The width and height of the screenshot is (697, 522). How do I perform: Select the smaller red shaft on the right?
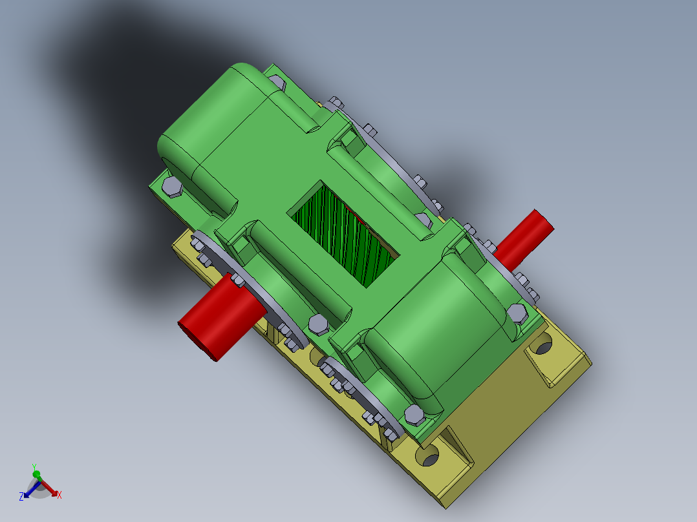tap(525, 239)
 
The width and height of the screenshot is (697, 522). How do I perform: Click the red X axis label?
tap(59, 495)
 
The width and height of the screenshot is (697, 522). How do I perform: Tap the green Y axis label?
tap(34, 466)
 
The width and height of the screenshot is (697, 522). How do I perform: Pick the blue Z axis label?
tap(21, 496)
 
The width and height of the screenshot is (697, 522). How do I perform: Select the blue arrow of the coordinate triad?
tap(30, 490)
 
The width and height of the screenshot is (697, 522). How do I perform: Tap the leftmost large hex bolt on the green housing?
tap(172, 187)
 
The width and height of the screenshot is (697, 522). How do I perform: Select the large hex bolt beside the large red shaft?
tap(318, 324)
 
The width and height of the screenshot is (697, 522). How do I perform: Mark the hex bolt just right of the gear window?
tap(423, 220)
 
